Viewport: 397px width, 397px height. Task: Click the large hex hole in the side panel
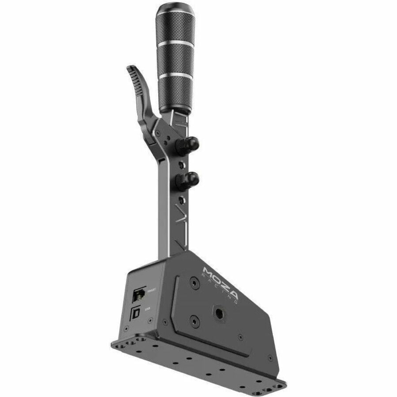219,314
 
